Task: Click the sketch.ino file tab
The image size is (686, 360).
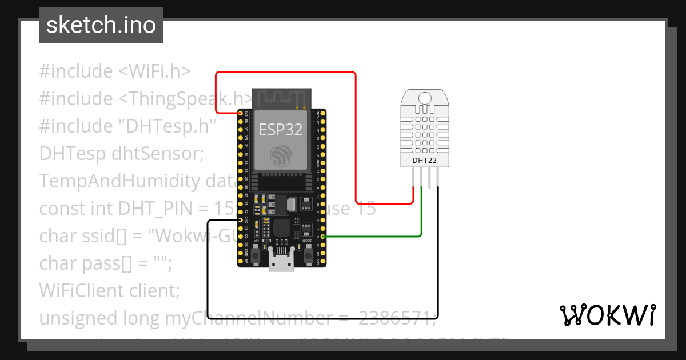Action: coord(101,25)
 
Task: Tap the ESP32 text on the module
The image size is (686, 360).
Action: coord(281,129)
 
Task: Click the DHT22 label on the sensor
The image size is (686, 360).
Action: coord(425,161)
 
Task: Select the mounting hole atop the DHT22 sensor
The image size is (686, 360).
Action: coord(425,98)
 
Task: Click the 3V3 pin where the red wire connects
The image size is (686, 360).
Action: coord(240,113)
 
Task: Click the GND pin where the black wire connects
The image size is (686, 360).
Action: coord(240,220)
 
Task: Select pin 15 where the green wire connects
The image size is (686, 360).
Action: coord(323,237)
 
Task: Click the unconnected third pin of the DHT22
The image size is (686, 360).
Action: coord(430,178)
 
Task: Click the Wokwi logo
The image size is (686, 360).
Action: coord(607,315)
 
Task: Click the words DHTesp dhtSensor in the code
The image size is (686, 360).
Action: coord(121,154)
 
